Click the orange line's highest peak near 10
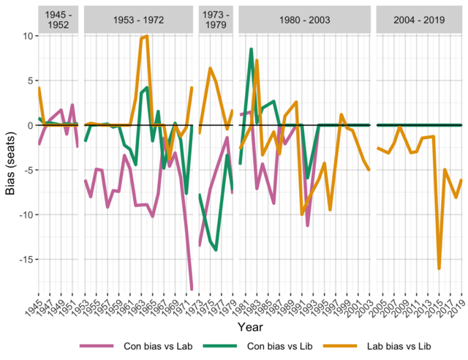(147, 36)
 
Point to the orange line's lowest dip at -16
(439, 269)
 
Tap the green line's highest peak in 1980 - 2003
(252, 49)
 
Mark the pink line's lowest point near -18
(192, 290)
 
